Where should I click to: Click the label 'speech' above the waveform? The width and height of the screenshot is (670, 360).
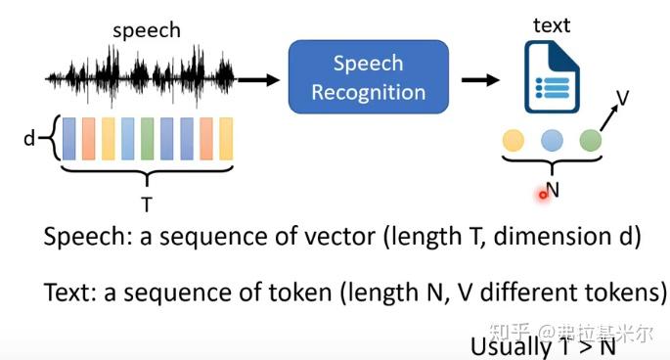[147, 30]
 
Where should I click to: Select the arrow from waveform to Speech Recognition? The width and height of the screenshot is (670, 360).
[258, 77]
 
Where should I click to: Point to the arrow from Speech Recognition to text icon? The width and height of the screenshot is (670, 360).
[479, 78]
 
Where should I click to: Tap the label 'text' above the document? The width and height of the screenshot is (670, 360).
[551, 25]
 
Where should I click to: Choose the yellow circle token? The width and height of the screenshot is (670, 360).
[513, 140]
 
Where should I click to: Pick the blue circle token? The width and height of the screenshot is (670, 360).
[552, 140]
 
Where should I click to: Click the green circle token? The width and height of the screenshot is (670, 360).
[590, 140]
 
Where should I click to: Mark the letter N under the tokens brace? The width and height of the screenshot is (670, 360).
[553, 191]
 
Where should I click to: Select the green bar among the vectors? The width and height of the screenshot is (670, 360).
[147, 138]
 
